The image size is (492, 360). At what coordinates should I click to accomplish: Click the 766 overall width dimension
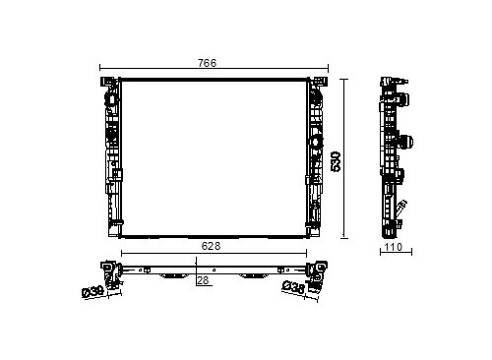(208, 63)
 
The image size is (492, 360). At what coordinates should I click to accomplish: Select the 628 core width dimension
(211, 246)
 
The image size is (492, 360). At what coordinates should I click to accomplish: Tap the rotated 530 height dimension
(336, 161)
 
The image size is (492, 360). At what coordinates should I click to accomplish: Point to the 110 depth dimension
(394, 247)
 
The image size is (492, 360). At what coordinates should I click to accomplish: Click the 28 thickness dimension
(203, 280)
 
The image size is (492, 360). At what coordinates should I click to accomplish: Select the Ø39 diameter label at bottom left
(92, 292)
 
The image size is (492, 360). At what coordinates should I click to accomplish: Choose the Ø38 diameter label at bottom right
(293, 287)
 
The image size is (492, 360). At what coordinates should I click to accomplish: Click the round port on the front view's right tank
(316, 142)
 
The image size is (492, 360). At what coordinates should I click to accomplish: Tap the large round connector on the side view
(405, 142)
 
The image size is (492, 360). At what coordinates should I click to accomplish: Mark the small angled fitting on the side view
(400, 207)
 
